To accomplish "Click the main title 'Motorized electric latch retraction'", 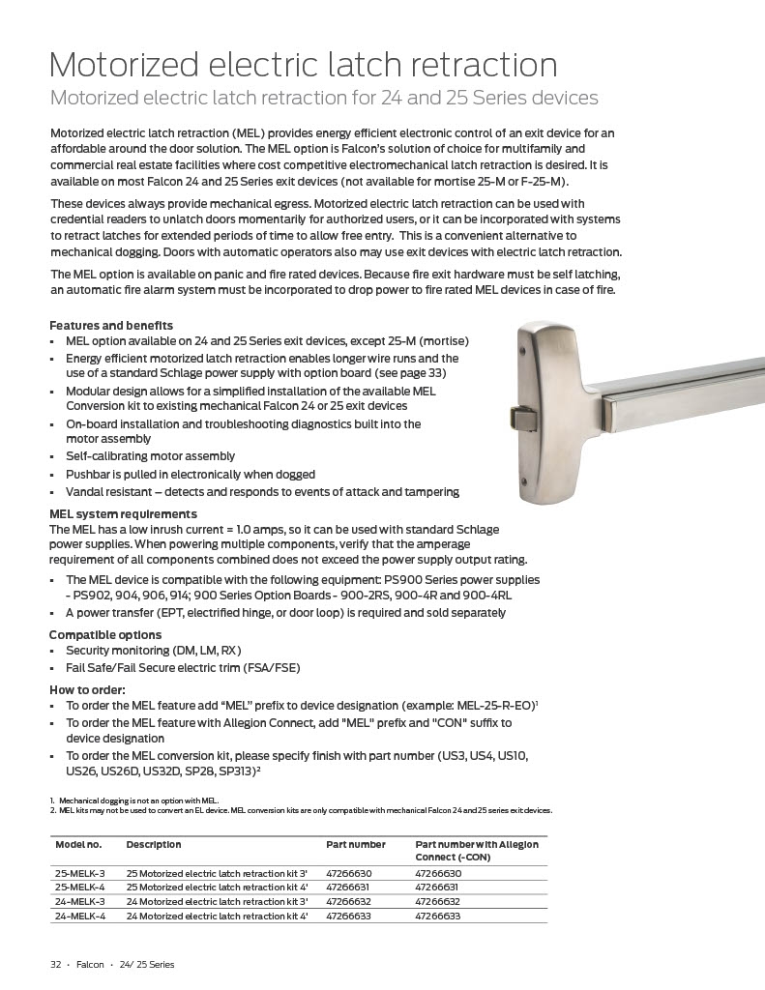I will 303,65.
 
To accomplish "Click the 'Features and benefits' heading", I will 111,325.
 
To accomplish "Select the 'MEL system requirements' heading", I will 123,513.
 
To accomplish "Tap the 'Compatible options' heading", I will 105,634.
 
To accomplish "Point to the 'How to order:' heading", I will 88,689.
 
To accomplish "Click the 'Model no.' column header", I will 78,844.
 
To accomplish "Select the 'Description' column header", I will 154,844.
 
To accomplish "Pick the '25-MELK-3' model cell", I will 80,872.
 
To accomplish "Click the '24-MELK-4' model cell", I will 80,916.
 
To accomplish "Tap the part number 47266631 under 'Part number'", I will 349,887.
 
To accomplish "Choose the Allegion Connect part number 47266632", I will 437,901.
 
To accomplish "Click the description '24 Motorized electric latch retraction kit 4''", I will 217,916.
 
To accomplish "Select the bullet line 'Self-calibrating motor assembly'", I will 150,455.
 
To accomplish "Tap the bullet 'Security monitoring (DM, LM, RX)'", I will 153,650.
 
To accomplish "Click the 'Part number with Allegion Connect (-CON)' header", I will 477,850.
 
